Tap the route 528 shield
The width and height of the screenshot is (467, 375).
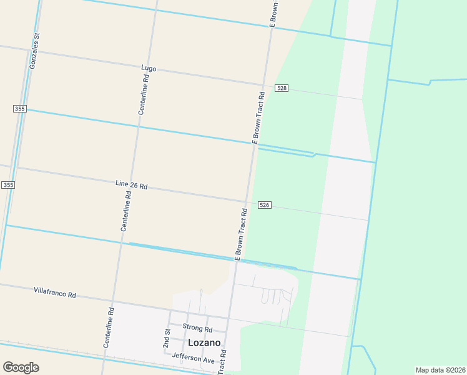[x=282, y=88]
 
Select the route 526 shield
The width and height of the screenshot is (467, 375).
[x=265, y=205]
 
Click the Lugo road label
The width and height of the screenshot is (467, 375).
[x=149, y=67]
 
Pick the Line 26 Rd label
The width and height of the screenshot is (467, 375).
[x=131, y=185]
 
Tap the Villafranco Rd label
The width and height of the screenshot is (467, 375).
[x=55, y=292]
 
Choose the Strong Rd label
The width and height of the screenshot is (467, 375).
[x=197, y=328]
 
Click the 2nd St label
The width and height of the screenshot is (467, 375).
[x=167, y=338]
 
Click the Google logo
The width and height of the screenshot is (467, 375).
[x=21, y=367]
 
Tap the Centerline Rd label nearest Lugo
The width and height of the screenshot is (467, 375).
[x=144, y=94]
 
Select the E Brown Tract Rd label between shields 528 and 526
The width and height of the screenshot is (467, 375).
[x=258, y=118]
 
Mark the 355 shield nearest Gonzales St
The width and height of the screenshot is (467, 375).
[x=19, y=109]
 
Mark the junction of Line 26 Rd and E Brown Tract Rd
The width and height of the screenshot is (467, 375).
[x=248, y=202]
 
